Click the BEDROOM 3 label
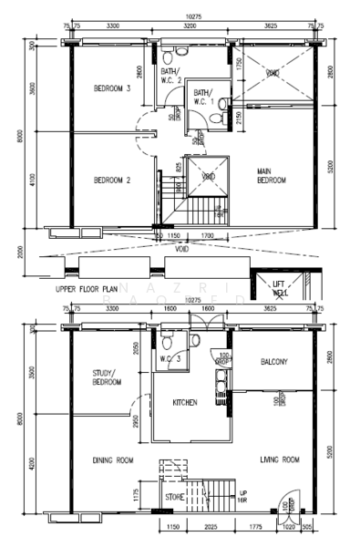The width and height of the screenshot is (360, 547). click(113, 88)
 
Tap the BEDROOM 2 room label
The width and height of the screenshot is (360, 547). click(113, 181)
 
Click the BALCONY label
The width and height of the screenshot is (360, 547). click(273, 362)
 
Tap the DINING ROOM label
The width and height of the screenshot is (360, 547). click(113, 460)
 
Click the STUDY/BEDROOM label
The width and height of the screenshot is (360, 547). click(108, 377)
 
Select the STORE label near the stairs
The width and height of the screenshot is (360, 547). click(175, 497)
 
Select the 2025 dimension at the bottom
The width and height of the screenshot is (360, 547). click(210, 527)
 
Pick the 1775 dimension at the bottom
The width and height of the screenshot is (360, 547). click(256, 527)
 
